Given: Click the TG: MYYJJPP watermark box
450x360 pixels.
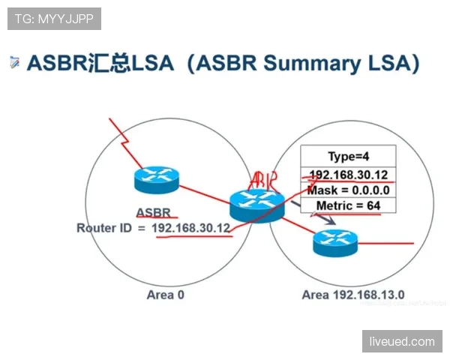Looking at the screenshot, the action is coord(54,19).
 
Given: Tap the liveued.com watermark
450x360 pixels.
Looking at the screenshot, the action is coord(402,341).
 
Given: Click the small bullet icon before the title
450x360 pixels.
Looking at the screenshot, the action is coord(15,62).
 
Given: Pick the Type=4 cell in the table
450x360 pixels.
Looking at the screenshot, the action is coord(349,156).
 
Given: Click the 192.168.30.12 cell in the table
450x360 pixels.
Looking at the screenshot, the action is coord(349,175).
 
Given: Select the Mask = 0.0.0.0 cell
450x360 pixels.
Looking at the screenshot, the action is coord(349,190).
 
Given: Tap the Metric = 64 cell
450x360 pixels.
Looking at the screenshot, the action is coord(349,205).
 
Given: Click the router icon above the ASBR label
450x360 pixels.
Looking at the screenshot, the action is coord(157,180).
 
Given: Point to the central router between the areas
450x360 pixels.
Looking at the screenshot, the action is coord(257,205).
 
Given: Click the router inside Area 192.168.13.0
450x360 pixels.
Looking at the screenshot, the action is coord(335,243).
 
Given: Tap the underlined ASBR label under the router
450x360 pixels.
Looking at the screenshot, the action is coord(154,213).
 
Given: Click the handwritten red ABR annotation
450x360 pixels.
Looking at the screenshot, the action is coord(263,181).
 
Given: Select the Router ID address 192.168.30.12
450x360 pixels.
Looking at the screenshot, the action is coord(190,228).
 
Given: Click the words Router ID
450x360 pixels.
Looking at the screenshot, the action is coord(104,228).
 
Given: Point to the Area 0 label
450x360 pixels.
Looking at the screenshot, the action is coord(166,295).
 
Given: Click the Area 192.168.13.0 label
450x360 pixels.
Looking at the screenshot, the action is coord(353,295).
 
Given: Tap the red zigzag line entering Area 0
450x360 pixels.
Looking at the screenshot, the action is coord(125,142).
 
